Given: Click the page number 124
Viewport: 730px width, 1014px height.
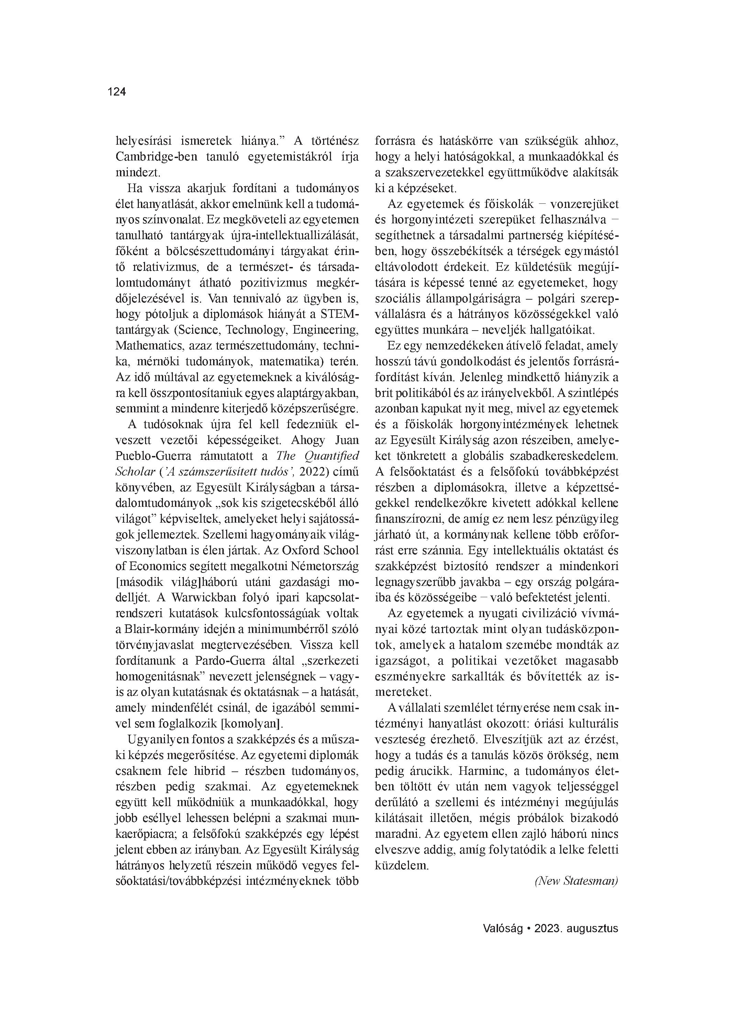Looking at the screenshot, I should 117,92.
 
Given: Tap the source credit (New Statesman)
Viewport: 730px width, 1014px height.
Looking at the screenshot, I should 576,881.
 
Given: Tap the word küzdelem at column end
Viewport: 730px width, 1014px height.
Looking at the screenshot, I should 401,865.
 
